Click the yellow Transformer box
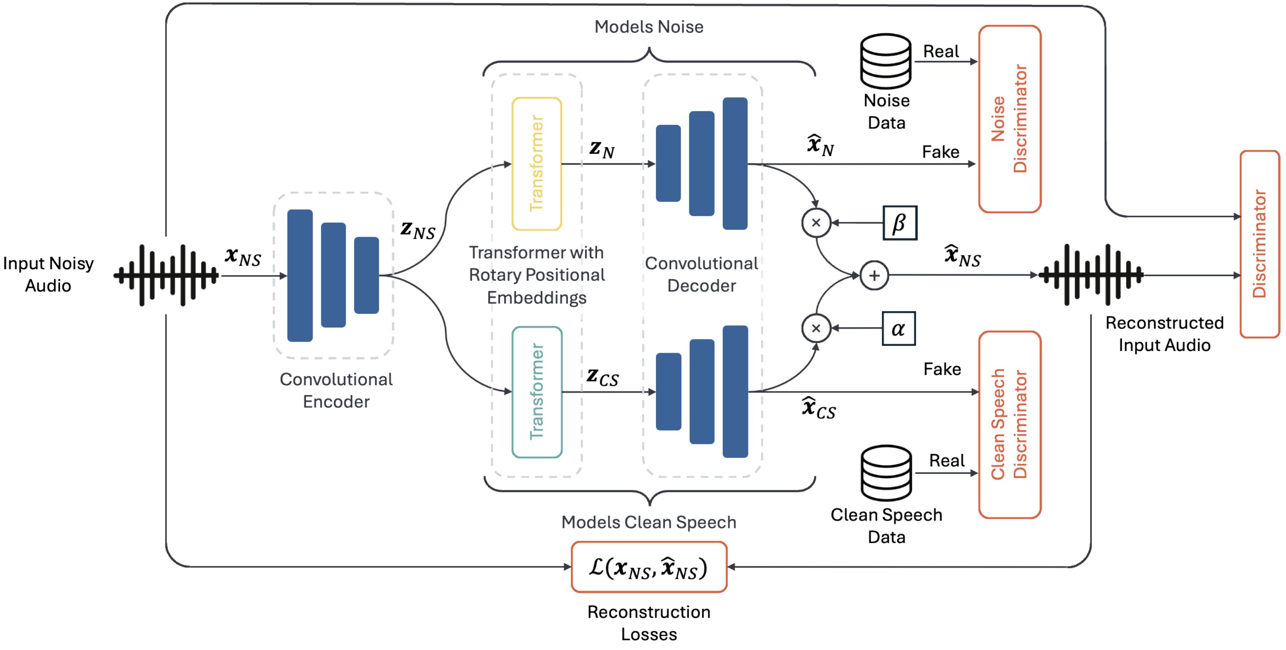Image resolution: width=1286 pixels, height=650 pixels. coord(537,164)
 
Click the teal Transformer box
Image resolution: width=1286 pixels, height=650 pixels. coord(537,392)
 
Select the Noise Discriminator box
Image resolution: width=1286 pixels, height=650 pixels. coord(1009,119)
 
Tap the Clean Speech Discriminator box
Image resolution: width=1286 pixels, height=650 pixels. coord(1009,424)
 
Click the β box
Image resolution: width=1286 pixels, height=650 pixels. coord(899,223)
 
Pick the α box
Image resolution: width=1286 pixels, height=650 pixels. coord(898,328)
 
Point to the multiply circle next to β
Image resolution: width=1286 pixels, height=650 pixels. coord(816,223)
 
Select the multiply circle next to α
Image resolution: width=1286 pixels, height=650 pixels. coord(816,328)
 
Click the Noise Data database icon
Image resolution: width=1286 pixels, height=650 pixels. coord(886,61)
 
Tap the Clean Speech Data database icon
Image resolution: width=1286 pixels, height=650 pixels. coord(886,473)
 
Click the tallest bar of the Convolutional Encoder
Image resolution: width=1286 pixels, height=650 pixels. coord(300,275)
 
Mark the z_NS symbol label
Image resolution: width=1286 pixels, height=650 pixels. coord(418,230)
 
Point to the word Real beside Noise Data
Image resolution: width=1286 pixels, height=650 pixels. coord(941,51)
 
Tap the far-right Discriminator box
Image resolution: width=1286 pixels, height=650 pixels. coord(1260,244)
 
